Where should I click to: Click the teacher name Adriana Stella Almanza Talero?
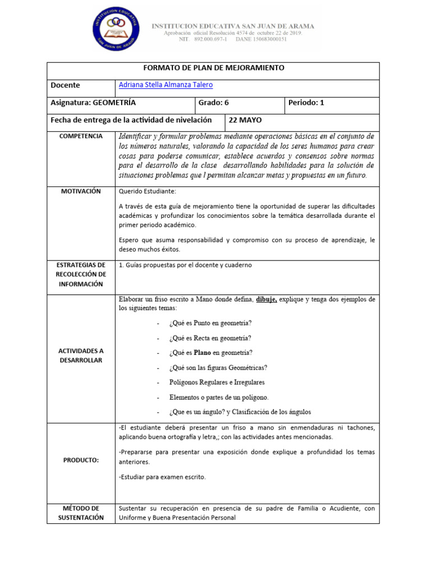pos(166,85)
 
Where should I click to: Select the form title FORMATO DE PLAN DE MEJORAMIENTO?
pos(214,68)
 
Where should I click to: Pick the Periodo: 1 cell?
pos(306,103)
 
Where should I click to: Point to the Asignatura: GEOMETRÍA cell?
pos(93,103)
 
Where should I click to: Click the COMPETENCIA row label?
pos(81,136)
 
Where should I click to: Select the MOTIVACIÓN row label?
pos(81,191)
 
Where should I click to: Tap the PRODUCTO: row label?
pos(81,460)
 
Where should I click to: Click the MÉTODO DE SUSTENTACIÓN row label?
pos(81,513)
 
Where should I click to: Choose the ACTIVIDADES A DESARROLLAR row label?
pos(81,355)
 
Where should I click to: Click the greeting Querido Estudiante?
pos(148,191)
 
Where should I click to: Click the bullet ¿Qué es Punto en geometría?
pos(210,323)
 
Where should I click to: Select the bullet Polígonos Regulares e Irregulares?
pos(217,382)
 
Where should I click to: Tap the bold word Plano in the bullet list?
pos(203,353)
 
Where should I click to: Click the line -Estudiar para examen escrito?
pos(162,477)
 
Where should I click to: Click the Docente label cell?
pos(66,85)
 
